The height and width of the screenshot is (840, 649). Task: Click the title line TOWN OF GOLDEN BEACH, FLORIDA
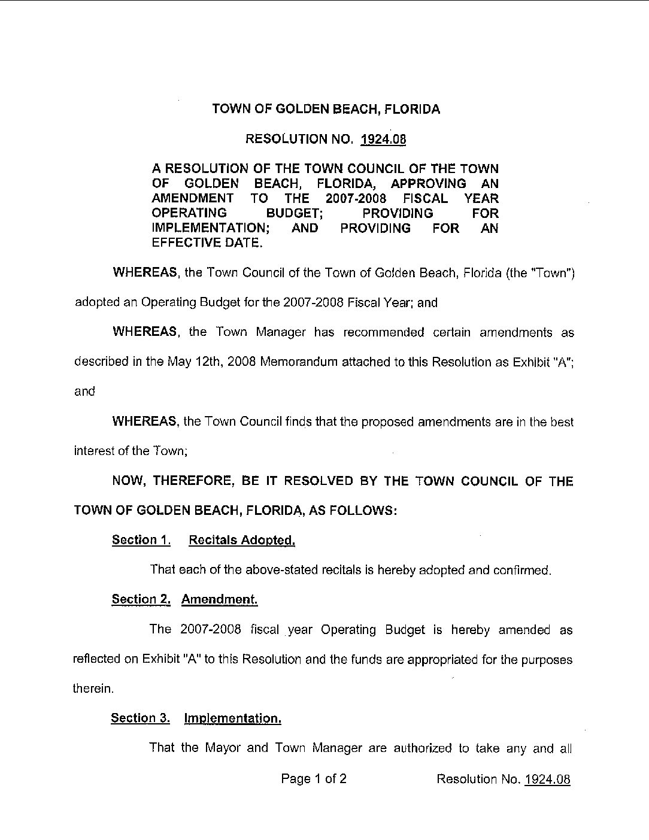[x=326, y=109]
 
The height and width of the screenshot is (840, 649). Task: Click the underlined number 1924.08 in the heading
[x=383, y=140]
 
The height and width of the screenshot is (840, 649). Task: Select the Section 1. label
[x=141, y=540]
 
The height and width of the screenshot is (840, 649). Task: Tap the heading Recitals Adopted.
[x=242, y=540]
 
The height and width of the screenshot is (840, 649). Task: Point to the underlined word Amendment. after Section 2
[x=219, y=599]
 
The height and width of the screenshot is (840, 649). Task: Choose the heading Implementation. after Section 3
[x=232, y=718]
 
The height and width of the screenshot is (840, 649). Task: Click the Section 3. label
[x=141, y=718]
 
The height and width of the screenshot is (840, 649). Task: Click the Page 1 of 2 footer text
[x=314, y=779]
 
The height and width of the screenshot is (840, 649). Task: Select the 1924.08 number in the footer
[x=547, y=779]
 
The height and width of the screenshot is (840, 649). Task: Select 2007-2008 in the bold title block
[x=357, y=198]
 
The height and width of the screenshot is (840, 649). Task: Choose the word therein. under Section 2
[x=93, y=689]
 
